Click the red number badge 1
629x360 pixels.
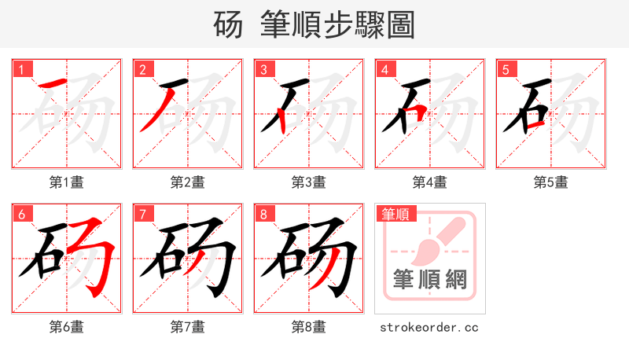20,69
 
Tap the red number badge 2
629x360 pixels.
142,69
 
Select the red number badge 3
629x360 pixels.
263,69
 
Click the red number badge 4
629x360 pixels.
384,69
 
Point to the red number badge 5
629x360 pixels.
505,69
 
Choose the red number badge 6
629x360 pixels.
20,214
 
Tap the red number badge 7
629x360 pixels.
142,214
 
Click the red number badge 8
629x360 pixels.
263,214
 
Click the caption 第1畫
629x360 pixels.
66,182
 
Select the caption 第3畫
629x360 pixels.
308,182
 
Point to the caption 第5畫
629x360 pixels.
550,182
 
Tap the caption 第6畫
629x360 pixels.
66,327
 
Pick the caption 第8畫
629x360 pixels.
308,327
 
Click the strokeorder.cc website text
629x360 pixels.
429,327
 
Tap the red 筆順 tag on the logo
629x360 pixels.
397,214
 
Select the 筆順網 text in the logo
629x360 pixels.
429,278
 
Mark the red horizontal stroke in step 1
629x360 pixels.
53,83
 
